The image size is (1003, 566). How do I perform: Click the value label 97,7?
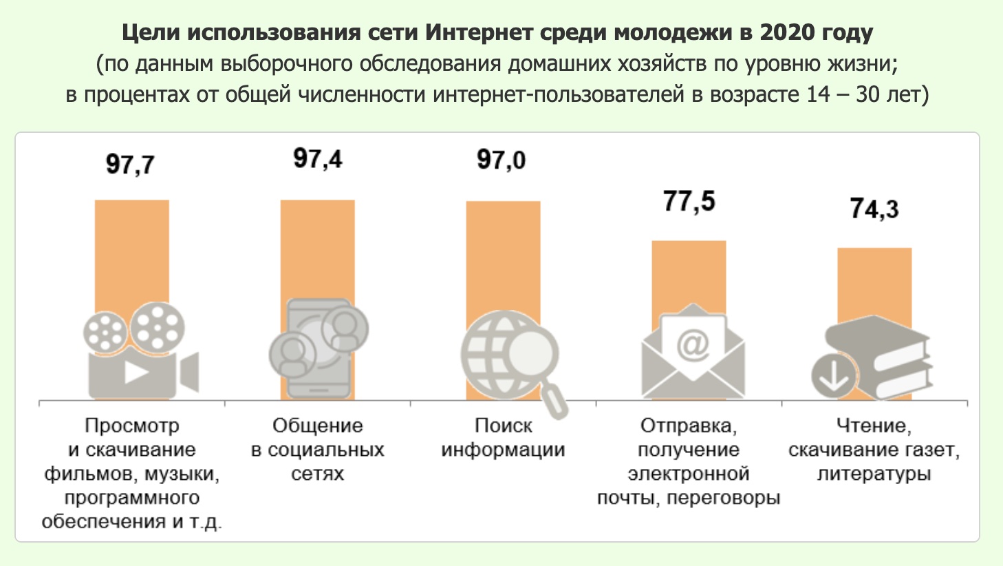pos(130,165)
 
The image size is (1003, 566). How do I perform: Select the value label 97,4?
pos(317,159)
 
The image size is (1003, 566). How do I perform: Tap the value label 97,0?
pos(501,160)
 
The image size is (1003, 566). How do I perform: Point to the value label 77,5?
pos(689,201)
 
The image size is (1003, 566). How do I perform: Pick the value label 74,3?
pos(874,208)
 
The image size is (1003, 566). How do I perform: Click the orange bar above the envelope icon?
pos(689,272)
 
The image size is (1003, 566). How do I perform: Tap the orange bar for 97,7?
pos(131,248)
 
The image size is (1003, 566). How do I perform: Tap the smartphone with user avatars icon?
pos(319,347)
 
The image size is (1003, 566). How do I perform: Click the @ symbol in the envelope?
pos(692,344)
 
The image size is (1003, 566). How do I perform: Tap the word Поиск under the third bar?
pos(503,426)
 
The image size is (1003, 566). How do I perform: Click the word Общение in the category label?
pos(317,426)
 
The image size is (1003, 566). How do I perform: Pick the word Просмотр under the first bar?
pos(131,426)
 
